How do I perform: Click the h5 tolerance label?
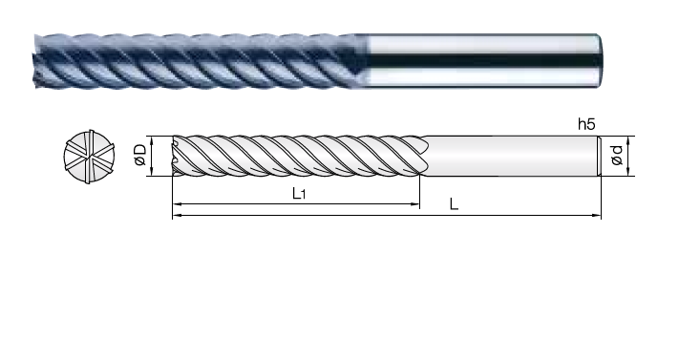coord(586,124)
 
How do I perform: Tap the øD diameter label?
coord(140,155)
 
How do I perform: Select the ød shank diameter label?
coord(617,155)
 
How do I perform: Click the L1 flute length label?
coord(299,193)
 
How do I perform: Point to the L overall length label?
coord(454,203)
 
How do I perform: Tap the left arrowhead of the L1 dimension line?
coord(176,203)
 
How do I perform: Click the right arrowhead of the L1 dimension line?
coord(415,203)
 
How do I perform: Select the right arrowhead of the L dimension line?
coord(597,215)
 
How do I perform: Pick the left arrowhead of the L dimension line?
coord(176,215)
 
